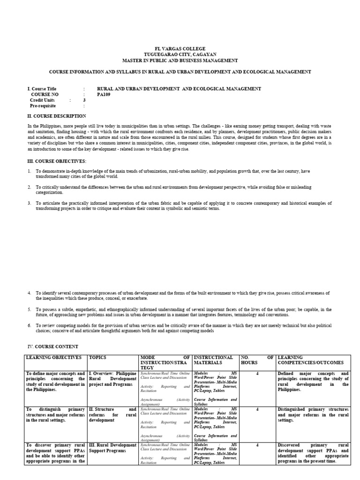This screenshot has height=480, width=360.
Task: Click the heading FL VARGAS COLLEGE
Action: (x=180, y=49)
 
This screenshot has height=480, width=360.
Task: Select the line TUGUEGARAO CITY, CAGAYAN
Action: (x=180, y=55)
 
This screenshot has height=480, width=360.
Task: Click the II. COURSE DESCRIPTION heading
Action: (x=57, y=116)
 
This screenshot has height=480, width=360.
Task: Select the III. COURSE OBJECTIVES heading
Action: (x=56, y=161)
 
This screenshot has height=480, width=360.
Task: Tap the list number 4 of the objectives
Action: (x=29, y=292)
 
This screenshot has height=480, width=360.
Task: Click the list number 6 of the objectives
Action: (x=29, y=325)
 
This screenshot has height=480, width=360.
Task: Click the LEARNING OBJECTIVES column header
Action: (x=54, y=357)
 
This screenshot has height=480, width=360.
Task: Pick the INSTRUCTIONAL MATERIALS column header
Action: (x=213, y=360)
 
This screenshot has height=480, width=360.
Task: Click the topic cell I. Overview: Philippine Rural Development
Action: (x=112, y=379)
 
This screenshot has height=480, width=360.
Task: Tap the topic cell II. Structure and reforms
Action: (x=112, y=414)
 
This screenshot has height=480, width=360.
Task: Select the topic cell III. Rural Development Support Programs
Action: (x=112, y=448)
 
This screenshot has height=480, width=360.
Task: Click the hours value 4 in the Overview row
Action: (x=257, y=374)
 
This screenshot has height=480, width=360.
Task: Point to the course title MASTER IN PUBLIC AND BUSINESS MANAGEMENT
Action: (x=180, y=60)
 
